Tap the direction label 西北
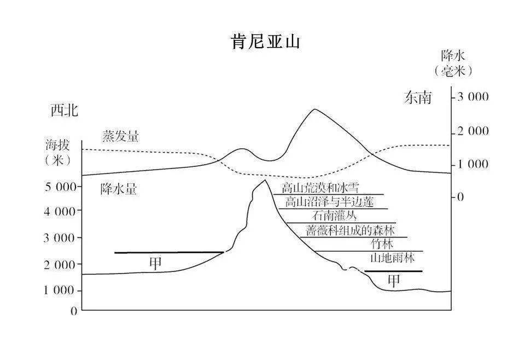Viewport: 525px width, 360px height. [65, 111]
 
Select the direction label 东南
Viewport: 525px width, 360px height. [418, 98]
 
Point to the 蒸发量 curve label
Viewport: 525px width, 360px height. [120, 137]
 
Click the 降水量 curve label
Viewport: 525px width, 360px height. [119, 189]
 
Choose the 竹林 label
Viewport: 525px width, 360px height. [382, 243]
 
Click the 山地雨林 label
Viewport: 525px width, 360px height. [392, 258]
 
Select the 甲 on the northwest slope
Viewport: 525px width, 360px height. [156, 263]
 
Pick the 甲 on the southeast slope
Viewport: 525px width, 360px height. [394, 281]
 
